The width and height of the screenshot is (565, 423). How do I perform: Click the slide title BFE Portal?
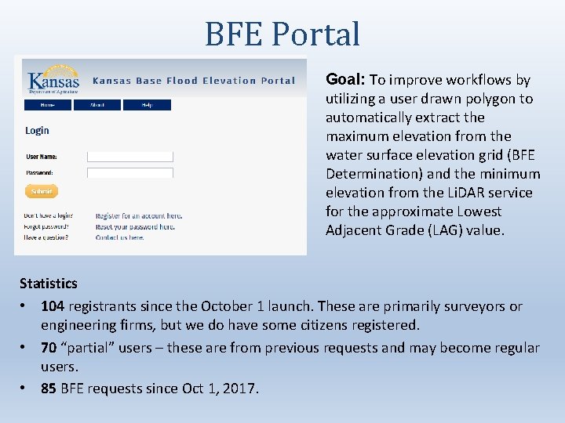(282, 34)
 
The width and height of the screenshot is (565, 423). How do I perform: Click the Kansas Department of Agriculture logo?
(53, 78)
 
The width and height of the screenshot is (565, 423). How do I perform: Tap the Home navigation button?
(48, 105)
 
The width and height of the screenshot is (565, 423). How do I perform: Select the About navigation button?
(97, 105)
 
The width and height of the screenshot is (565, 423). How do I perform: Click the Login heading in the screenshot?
(37, 131)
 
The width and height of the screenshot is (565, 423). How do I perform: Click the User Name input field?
(129, 157)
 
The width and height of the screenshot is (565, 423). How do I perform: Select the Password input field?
(129, 172)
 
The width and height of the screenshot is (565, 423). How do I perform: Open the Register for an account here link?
(139, 215)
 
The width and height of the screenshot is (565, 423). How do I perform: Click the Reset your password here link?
(135, 226)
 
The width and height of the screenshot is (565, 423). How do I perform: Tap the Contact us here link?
(119, 237)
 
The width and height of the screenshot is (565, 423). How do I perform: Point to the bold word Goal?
(345, 80)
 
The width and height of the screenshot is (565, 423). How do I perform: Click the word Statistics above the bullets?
(49, 283)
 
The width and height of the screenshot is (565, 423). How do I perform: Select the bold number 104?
(53, 306)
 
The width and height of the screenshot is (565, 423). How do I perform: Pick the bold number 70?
(49, 347)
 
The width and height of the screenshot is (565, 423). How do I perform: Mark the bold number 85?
(49, 388)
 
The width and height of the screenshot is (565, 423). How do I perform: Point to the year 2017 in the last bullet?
(239, 388)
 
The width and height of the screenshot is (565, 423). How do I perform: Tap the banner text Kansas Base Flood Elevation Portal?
(194, 81)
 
